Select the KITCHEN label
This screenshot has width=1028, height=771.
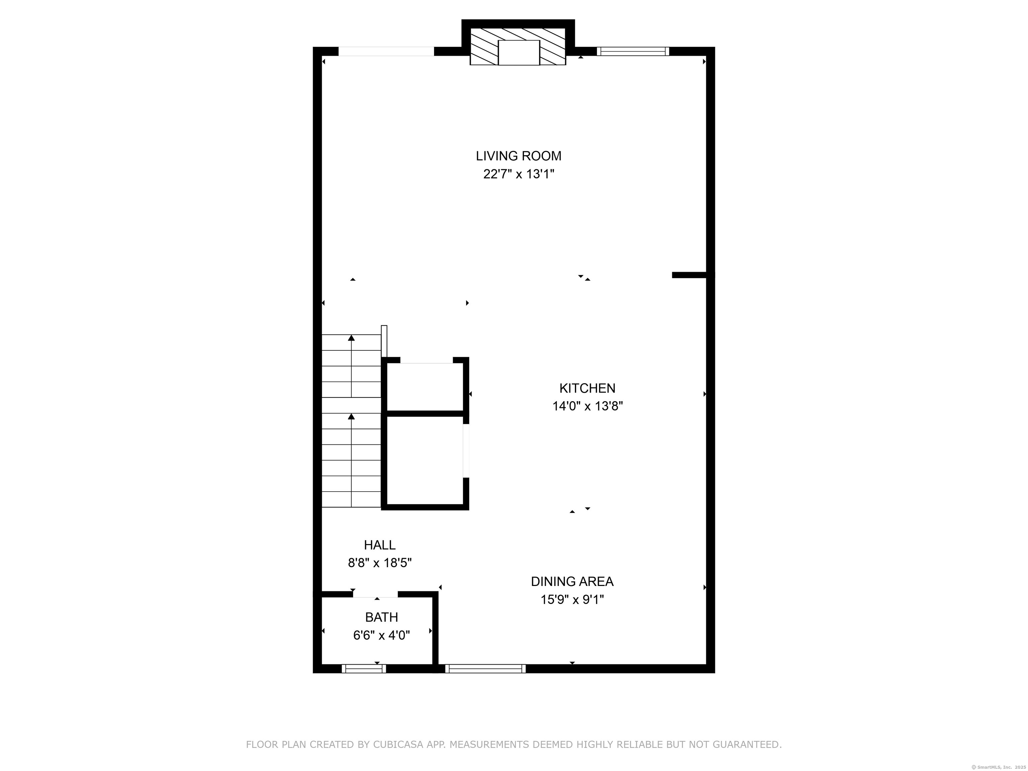[x=587, y=388]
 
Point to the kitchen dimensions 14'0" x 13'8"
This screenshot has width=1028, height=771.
[x=587, y=406]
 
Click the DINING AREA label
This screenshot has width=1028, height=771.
[x=572, y=581]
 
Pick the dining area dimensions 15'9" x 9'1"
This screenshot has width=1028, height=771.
[x=572, y=600]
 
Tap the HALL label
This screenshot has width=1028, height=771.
[x=380, y=545]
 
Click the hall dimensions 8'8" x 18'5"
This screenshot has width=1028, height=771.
[x=380, y=563]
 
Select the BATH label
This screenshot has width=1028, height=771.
[x=381, y=617]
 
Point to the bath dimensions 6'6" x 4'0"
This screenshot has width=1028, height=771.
[x=381, y=635]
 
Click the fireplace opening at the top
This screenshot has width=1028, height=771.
[x=519, y=53]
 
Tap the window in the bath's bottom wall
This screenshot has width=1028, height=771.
[x=364, y=669]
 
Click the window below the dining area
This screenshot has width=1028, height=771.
[x=485, y=669]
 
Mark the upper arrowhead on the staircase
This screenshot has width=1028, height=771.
[x=351, y=338]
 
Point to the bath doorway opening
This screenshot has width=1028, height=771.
[x=375, y=594]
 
